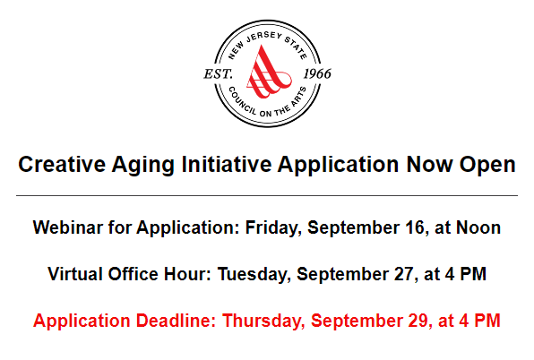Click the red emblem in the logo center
(269, 73)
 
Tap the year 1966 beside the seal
(317, 73)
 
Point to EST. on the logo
(218, 73)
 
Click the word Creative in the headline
(62, 165)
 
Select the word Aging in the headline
(143, 166)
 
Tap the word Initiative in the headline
(227, 165)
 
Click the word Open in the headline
(487, 166)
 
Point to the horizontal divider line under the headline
(267, 195)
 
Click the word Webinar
(67, 227)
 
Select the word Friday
(273, 228)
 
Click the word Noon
(478, 227)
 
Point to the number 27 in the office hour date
(404, 274)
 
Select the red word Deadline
(176, 321)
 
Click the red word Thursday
(263, 321)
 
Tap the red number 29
(419, 321)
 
